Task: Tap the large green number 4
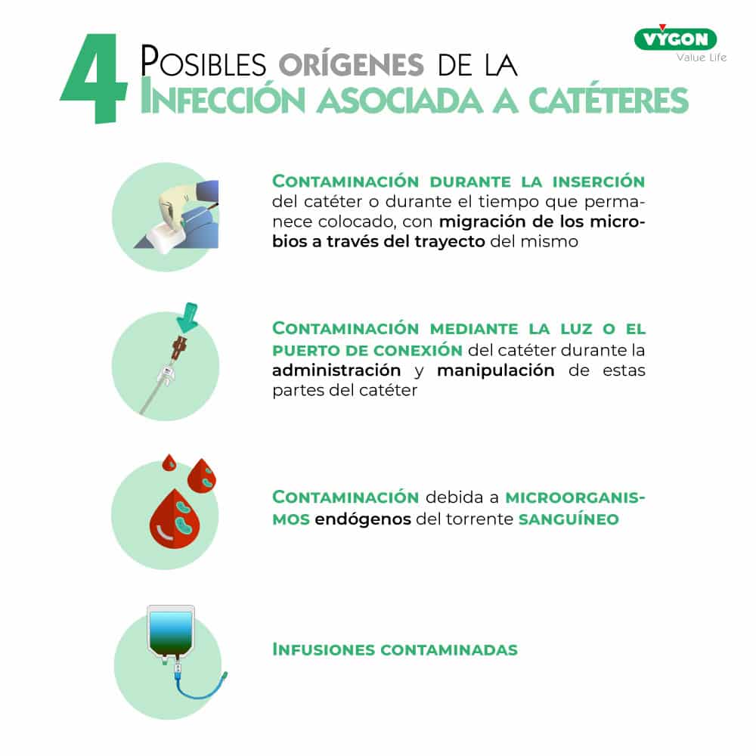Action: (x=94, y=78)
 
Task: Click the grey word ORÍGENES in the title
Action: (x=351, y=64)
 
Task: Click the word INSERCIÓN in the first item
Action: (x=598, y=181)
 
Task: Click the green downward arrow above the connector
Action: (x=188, y=318)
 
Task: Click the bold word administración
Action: (x=336, y=370)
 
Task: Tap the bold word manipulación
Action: (x=496, y=370)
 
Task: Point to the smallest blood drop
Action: (x=169, y=463)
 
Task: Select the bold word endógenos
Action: (x=363, y=519)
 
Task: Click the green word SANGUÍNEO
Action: (x=569, y=519)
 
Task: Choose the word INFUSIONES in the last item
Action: (x=323, y=649)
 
